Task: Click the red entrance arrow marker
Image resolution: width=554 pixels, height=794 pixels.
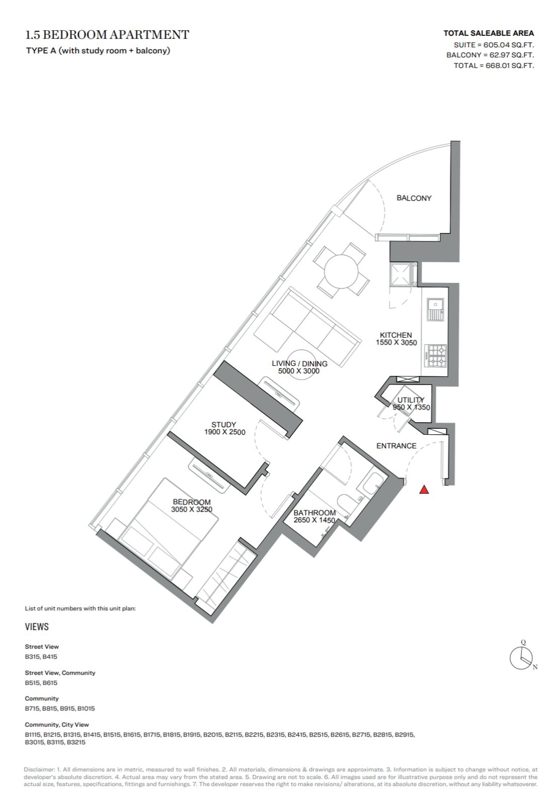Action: (424, 490)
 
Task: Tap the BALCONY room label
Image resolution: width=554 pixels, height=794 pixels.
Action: (414, 198)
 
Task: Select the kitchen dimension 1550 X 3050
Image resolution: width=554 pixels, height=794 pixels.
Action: (397, 343)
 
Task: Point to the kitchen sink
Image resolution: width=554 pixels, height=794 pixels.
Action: (435, 309)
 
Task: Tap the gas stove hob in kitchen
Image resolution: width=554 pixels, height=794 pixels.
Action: (436, 356)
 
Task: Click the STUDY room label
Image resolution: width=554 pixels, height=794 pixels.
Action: (223, 424)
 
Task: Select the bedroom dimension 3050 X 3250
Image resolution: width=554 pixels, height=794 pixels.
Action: (192, 509)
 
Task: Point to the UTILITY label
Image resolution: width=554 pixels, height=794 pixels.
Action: (411, 400)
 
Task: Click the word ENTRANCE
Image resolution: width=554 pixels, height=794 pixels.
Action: (397, 446)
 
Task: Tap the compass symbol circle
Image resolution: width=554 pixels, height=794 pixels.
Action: (521, 658)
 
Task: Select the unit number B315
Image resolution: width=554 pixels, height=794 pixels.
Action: (32, 657)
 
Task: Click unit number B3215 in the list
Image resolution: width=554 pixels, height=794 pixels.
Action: (76, 742)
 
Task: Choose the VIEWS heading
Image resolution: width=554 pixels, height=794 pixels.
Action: (37, 626)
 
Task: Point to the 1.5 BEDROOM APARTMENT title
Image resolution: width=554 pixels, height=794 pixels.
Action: (107, 35)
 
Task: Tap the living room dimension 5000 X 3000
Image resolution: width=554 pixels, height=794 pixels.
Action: (299, 371)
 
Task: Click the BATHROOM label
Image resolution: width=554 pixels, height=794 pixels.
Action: (314, 513)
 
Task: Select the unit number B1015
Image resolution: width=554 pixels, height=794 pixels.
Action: (86, 708)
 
